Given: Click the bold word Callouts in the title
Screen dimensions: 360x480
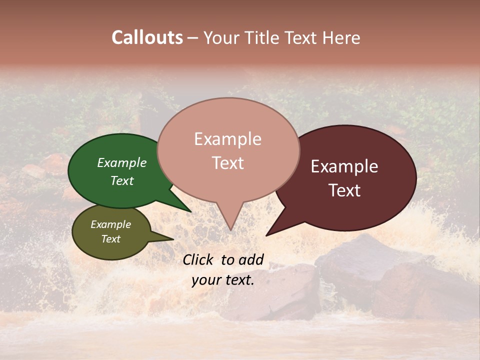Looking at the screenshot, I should click(147, 37).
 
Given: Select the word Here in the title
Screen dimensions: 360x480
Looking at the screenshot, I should click(341, 37).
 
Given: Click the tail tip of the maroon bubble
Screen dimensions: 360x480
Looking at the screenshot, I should click(267, 234).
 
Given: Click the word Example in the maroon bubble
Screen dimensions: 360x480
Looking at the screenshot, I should click(344, 166).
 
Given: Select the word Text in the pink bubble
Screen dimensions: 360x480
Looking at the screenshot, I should click(228, 163).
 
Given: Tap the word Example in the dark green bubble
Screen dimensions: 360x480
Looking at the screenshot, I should click(122, 163).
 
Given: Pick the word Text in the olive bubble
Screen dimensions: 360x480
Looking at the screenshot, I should click(111, 239).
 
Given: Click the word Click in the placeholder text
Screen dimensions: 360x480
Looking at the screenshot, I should click(198, 259).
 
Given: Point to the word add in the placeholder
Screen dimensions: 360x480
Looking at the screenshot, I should click(251, 259).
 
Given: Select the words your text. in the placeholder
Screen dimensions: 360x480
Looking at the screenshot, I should click(223, 280).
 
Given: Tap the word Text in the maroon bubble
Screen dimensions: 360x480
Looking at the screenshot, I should click(344, 190).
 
